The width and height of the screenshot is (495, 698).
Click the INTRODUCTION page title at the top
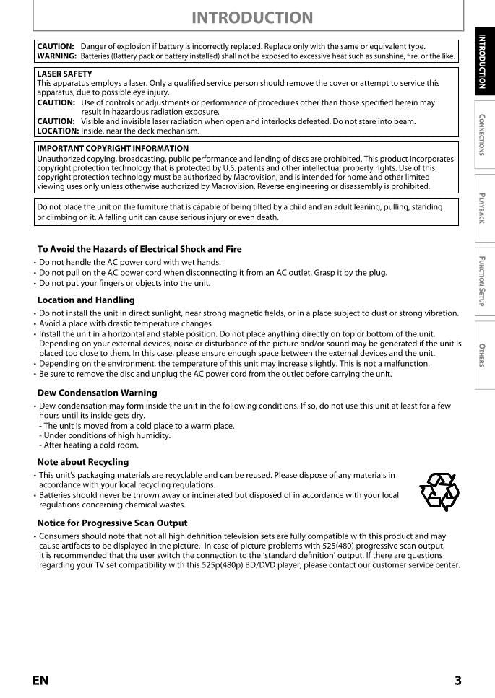tap(252, 17)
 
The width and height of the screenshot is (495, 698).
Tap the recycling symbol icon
tap(439, 492)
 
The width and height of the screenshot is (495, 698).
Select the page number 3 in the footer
tap(457, 680)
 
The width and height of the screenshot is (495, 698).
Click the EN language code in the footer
tap(40, 680)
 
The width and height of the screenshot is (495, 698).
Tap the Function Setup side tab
tap(482, 281)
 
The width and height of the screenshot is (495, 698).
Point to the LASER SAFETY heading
tap(64, 74)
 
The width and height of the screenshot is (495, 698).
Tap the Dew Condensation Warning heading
tap(97, 393)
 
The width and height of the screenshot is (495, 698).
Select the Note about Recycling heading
tap(83, 462)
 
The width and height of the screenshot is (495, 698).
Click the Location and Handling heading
tap(86, 300)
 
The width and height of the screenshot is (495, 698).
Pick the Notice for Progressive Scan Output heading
tap(112, 523)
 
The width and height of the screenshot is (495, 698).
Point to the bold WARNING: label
tap(56, 56)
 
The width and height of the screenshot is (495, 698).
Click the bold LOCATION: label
tap(58, 131)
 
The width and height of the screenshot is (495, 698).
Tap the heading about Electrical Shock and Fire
tap(139, 249)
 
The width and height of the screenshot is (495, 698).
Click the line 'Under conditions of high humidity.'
tap(107, 435)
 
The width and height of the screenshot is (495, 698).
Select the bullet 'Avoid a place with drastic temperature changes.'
tap(126, 323)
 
